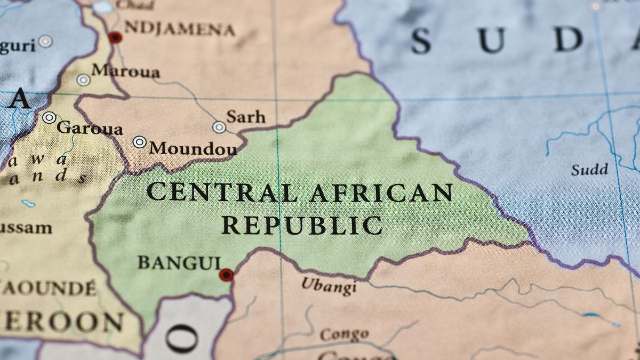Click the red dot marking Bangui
[227, 275]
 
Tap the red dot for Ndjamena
[115, 37]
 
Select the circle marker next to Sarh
[219, 127]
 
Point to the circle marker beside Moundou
[140, 142]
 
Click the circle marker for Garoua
[50, 117]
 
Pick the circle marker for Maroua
[83, 80]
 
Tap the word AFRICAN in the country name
[381, 193]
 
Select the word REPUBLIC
[302, 225]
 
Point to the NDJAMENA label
[179, 28]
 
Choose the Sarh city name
[245, 117]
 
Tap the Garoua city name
[90, 128]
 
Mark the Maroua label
[125, 71]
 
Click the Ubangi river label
[329, 286]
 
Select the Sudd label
[589, 170]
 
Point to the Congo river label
[344, 335]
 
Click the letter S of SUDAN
[421, 41]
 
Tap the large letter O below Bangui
[182, 338]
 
